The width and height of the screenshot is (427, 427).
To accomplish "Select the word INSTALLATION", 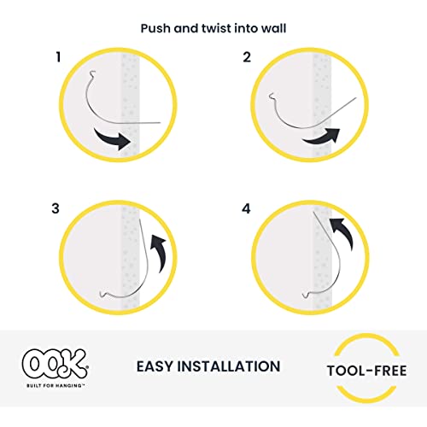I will coord(231,366).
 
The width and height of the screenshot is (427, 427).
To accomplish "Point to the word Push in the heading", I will coord(155,27).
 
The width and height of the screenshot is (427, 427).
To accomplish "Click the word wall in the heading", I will coord(272,27).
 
